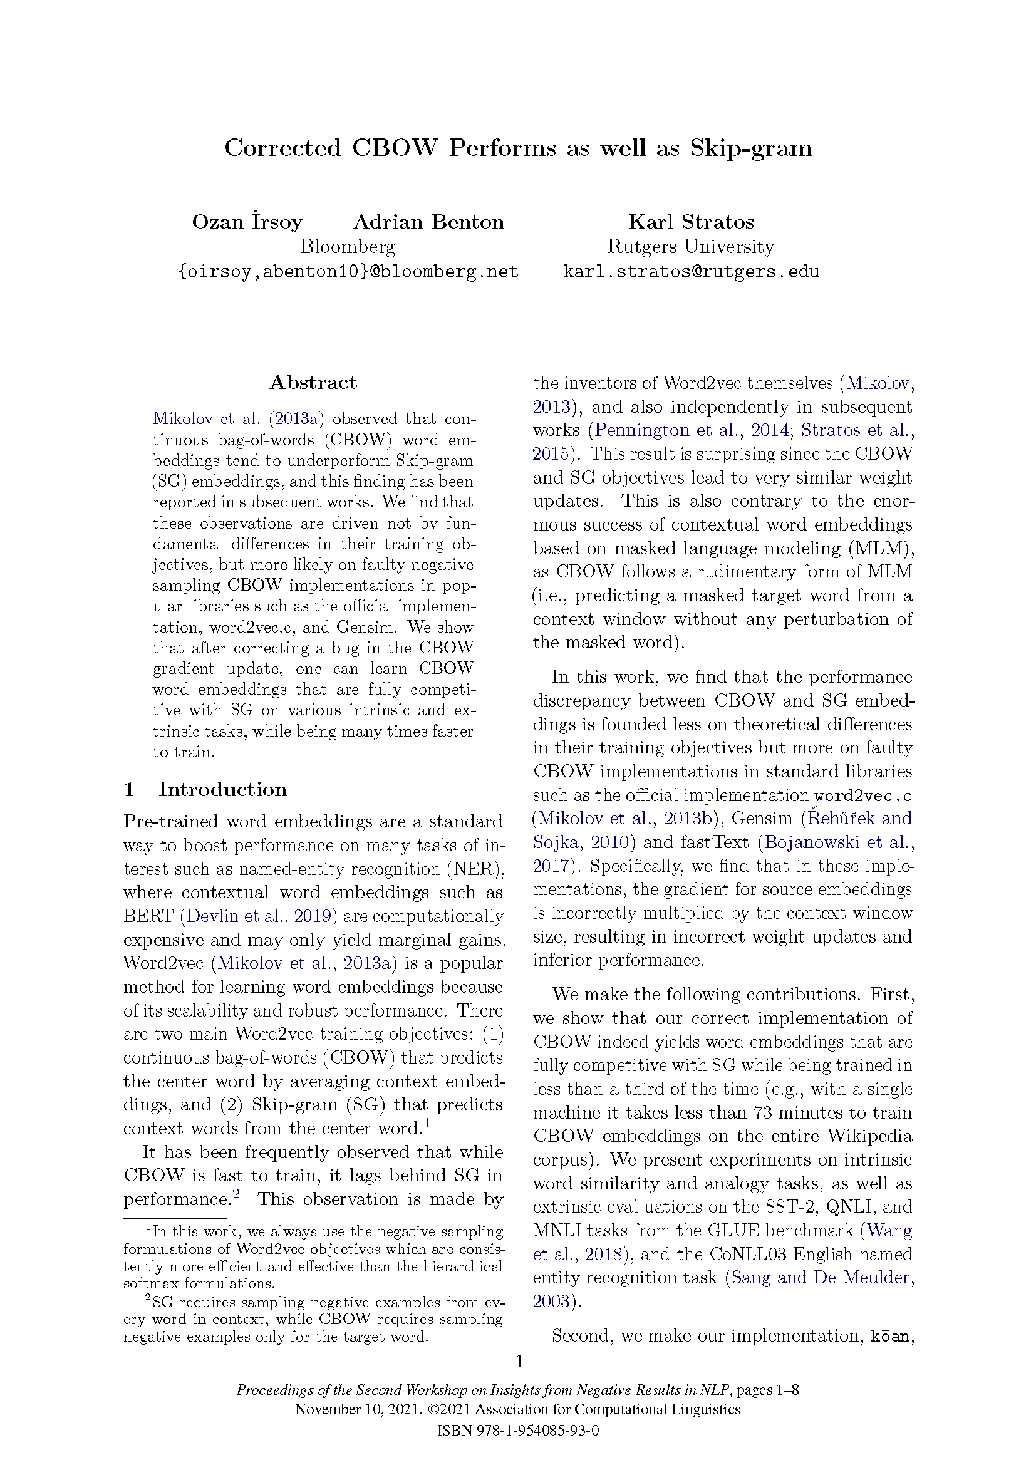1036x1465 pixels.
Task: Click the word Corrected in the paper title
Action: click(282, 148)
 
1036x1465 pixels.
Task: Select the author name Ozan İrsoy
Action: click(247, 222)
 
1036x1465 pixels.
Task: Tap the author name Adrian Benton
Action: click(428, 222)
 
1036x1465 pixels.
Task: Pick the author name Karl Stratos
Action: click(691, 222)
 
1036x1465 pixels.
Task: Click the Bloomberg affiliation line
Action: click(348, 246)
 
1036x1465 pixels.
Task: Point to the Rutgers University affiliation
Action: click(691, 246)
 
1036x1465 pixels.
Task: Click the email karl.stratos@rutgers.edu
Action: click(691, 272)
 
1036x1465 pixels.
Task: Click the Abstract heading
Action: click(313, 382)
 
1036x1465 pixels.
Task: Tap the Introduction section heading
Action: click(222, 789)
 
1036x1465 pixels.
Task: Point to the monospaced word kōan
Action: click(891, 1336)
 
